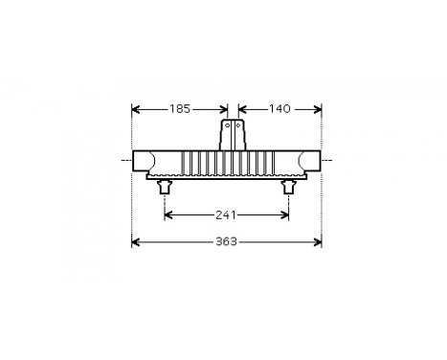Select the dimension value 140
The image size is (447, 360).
pos(279,108)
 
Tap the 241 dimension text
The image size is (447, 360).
pos(228,214)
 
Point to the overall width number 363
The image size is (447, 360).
pos(227,241)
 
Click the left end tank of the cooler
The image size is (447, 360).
pos(148,160)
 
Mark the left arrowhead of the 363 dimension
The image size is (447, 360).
pos(136,241)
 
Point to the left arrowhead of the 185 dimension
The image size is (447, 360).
pos(136,108)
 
